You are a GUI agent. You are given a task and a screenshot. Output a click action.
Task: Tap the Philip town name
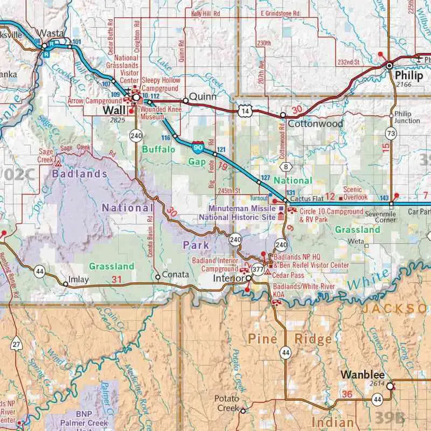tap(409, 76)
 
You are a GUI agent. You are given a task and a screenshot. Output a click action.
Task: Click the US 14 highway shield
tap(245, 110)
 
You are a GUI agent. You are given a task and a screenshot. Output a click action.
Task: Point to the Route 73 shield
tap(392, 133)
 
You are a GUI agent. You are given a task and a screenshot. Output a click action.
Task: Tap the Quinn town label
tap(203, 97)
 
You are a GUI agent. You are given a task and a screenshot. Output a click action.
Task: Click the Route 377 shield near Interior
tap(258, 269)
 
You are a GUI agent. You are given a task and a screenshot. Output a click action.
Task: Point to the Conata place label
tap(176, 275)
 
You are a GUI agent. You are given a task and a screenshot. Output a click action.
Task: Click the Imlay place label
tap(79, 280)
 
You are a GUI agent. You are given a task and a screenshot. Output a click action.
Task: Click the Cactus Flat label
tap(305, 198)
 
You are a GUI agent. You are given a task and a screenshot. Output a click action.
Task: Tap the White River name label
tap(367, 280)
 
